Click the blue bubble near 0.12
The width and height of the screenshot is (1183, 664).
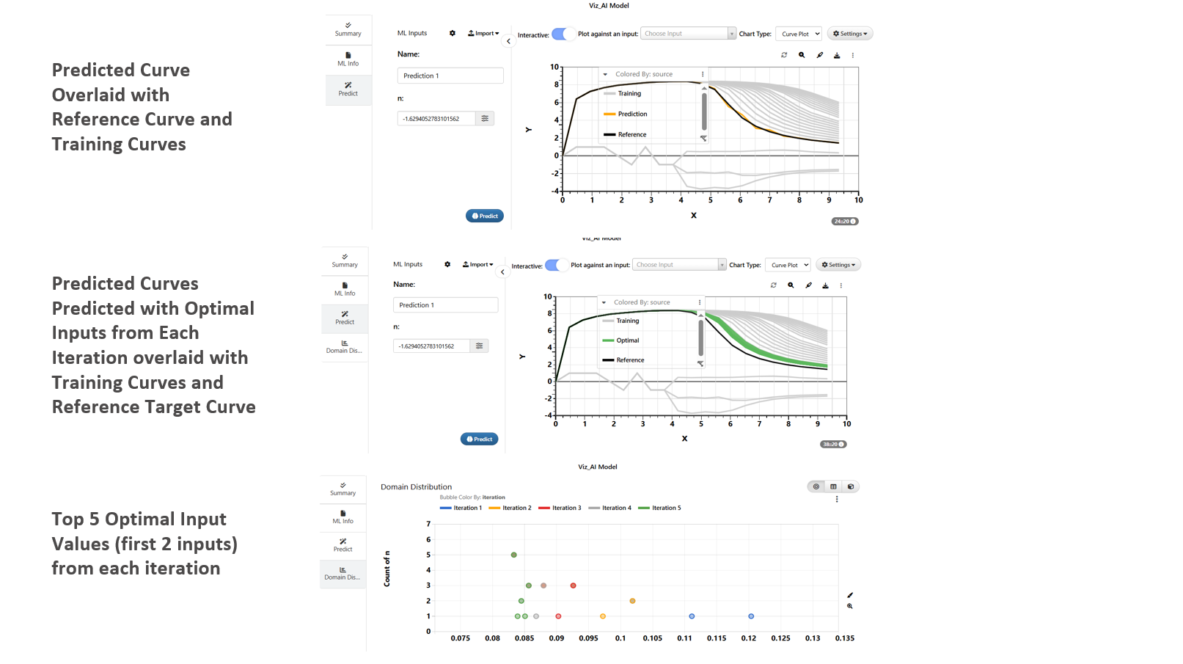[x=751, y=616]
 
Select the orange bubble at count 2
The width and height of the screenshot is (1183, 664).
[x=632, y=601]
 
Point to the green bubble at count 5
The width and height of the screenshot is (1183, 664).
[x=513, y=555]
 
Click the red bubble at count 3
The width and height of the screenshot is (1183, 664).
[x=573, y=585]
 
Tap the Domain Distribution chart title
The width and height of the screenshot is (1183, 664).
[x=416, y=487]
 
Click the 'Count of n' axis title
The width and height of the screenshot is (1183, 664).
[x=387, y=569]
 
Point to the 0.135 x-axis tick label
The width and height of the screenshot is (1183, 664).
[x=844, y=638]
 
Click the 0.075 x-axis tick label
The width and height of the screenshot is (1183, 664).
[x=461, y=638]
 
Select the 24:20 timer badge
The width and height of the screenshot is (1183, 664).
[x=844, y=222]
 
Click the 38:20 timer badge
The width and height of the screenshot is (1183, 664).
[x=832, y=445]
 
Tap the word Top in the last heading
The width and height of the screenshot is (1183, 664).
[x=67, y=519]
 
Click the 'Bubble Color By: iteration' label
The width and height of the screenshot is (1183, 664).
[x=472, y=497]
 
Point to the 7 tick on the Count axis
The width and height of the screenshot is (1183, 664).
[x=428, y=524]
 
